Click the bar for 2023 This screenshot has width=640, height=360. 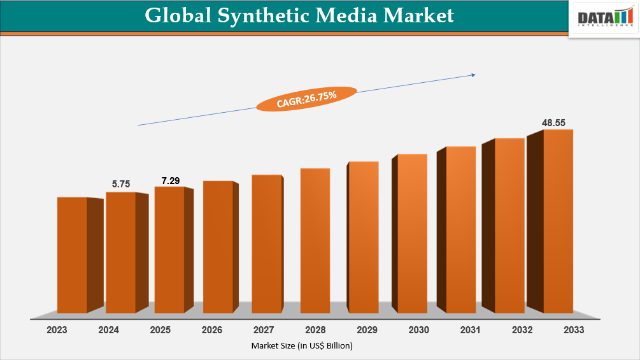[73, 255]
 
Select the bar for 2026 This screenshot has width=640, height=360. [218, 247]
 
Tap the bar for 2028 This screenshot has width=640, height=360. [315, 241]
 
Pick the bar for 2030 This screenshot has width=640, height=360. [412, 233]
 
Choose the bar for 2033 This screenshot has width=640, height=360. [558, 221]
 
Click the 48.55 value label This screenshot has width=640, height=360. [553, 122]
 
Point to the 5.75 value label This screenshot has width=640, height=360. [121, 184]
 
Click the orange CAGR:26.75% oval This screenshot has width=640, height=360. [306, 99]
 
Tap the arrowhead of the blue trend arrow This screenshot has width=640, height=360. [473, 75]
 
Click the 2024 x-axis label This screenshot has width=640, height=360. [108, 330]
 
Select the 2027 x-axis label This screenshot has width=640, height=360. [264, 330]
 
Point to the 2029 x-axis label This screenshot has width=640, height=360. [367, 330]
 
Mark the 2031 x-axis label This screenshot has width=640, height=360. [470, 330]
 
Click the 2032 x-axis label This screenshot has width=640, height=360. [522, 330]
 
